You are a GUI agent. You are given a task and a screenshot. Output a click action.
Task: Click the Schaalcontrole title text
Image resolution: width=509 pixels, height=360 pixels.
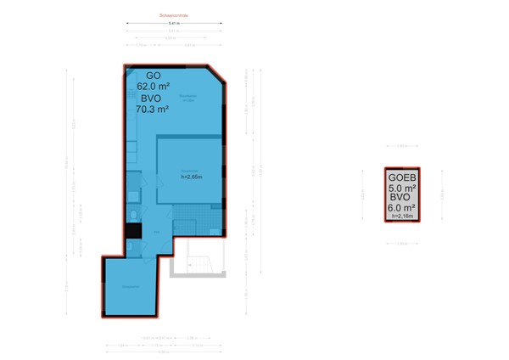[173, 15]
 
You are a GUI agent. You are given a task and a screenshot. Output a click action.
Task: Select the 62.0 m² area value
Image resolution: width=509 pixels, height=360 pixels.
[154, 86]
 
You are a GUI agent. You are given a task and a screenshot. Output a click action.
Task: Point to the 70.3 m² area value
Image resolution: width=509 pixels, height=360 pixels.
[153, 109]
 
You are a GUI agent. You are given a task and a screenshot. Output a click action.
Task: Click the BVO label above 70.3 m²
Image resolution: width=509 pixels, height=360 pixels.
[153, 98]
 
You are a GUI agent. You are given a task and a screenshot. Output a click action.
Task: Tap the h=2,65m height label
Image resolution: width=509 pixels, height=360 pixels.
[191, 177]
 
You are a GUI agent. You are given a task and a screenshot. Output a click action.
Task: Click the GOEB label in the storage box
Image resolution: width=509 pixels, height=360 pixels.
[402, 178]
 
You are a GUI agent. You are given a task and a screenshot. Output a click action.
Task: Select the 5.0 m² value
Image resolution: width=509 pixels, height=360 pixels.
[402, 188]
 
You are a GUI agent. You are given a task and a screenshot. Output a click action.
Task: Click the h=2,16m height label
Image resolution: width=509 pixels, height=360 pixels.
[402, 217]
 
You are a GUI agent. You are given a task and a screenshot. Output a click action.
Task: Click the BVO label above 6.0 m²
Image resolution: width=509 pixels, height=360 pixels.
[402, 198]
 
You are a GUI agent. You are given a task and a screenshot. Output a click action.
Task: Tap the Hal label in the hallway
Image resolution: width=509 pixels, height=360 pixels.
[156, 231]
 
